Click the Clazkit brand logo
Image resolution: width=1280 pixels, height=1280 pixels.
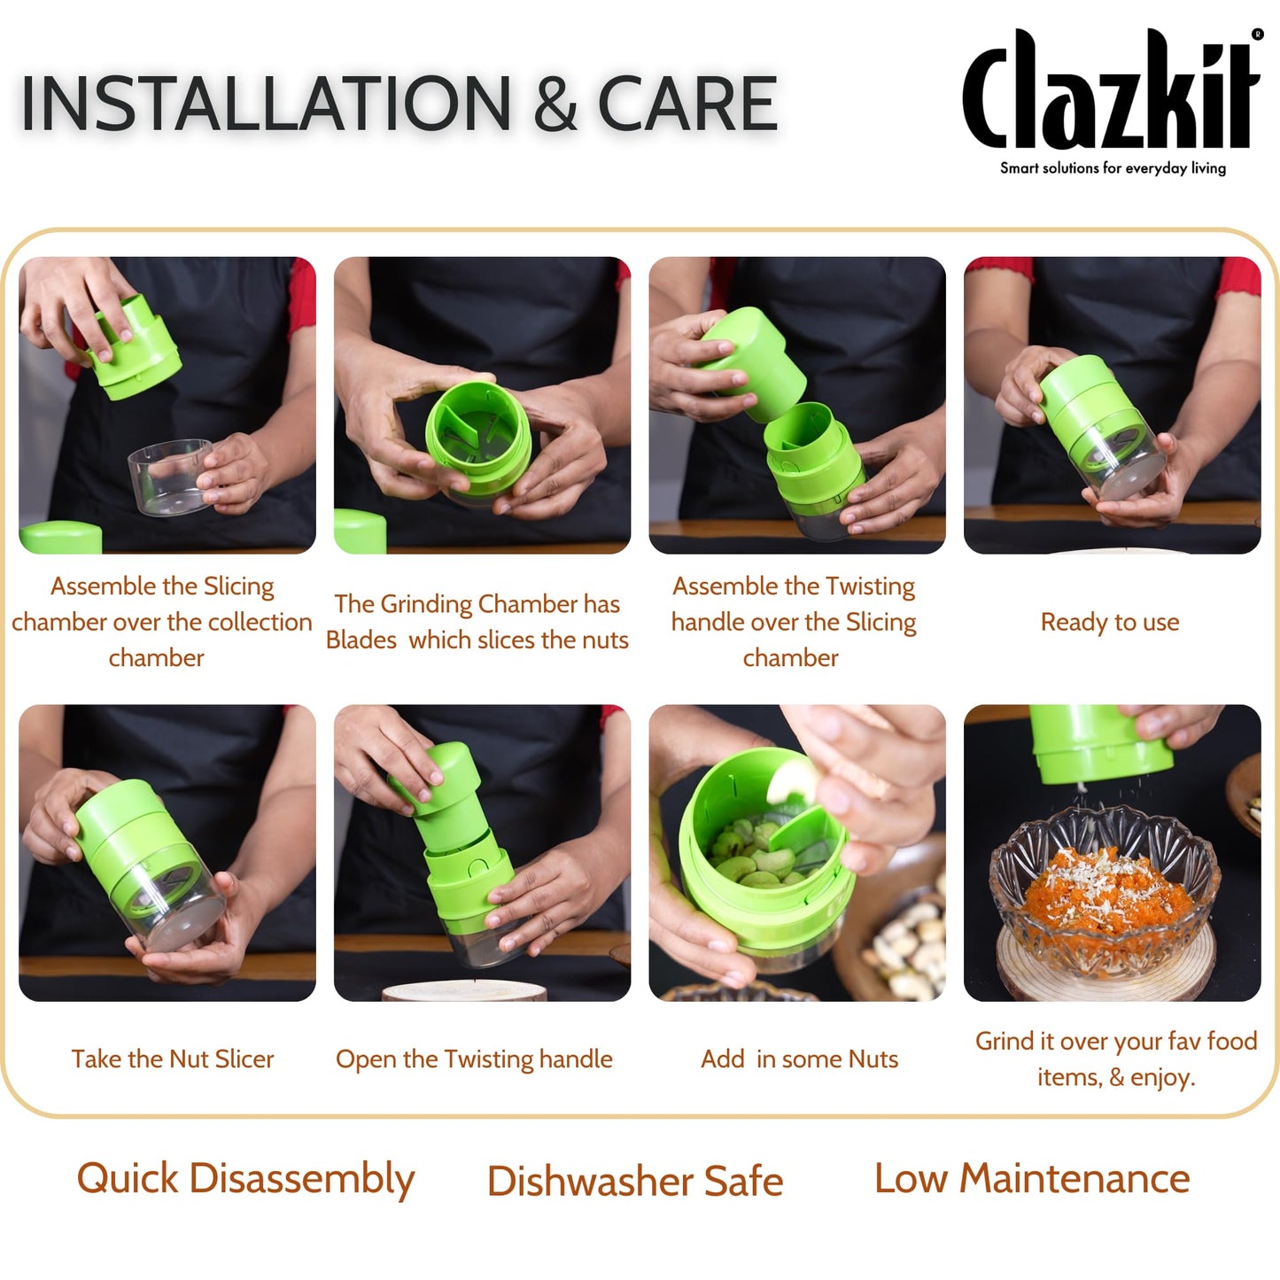coord(1111,91)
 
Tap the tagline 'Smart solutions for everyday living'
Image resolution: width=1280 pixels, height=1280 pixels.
coord(1113,168)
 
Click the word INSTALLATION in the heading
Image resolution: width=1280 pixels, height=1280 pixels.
coord(266,105)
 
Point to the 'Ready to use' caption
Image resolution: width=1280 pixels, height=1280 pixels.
coord(1109,622)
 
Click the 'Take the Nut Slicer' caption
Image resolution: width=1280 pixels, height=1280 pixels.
coord(173,1059)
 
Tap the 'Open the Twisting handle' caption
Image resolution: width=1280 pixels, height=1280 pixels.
coord(474,1059)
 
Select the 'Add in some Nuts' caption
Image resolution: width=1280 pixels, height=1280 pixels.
coord(799,1059)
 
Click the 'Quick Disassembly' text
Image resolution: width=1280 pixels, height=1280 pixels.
coord(245,1179)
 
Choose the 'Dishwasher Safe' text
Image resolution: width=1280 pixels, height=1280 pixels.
coord(635,1181)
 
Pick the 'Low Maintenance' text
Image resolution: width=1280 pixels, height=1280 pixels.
coord(1032,1179)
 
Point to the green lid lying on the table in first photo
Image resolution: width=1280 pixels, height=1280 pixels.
coord(60,537)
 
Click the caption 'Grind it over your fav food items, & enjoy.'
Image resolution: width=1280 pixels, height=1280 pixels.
coord(1115,1059)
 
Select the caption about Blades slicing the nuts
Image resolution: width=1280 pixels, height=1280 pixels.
coord(477,622)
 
